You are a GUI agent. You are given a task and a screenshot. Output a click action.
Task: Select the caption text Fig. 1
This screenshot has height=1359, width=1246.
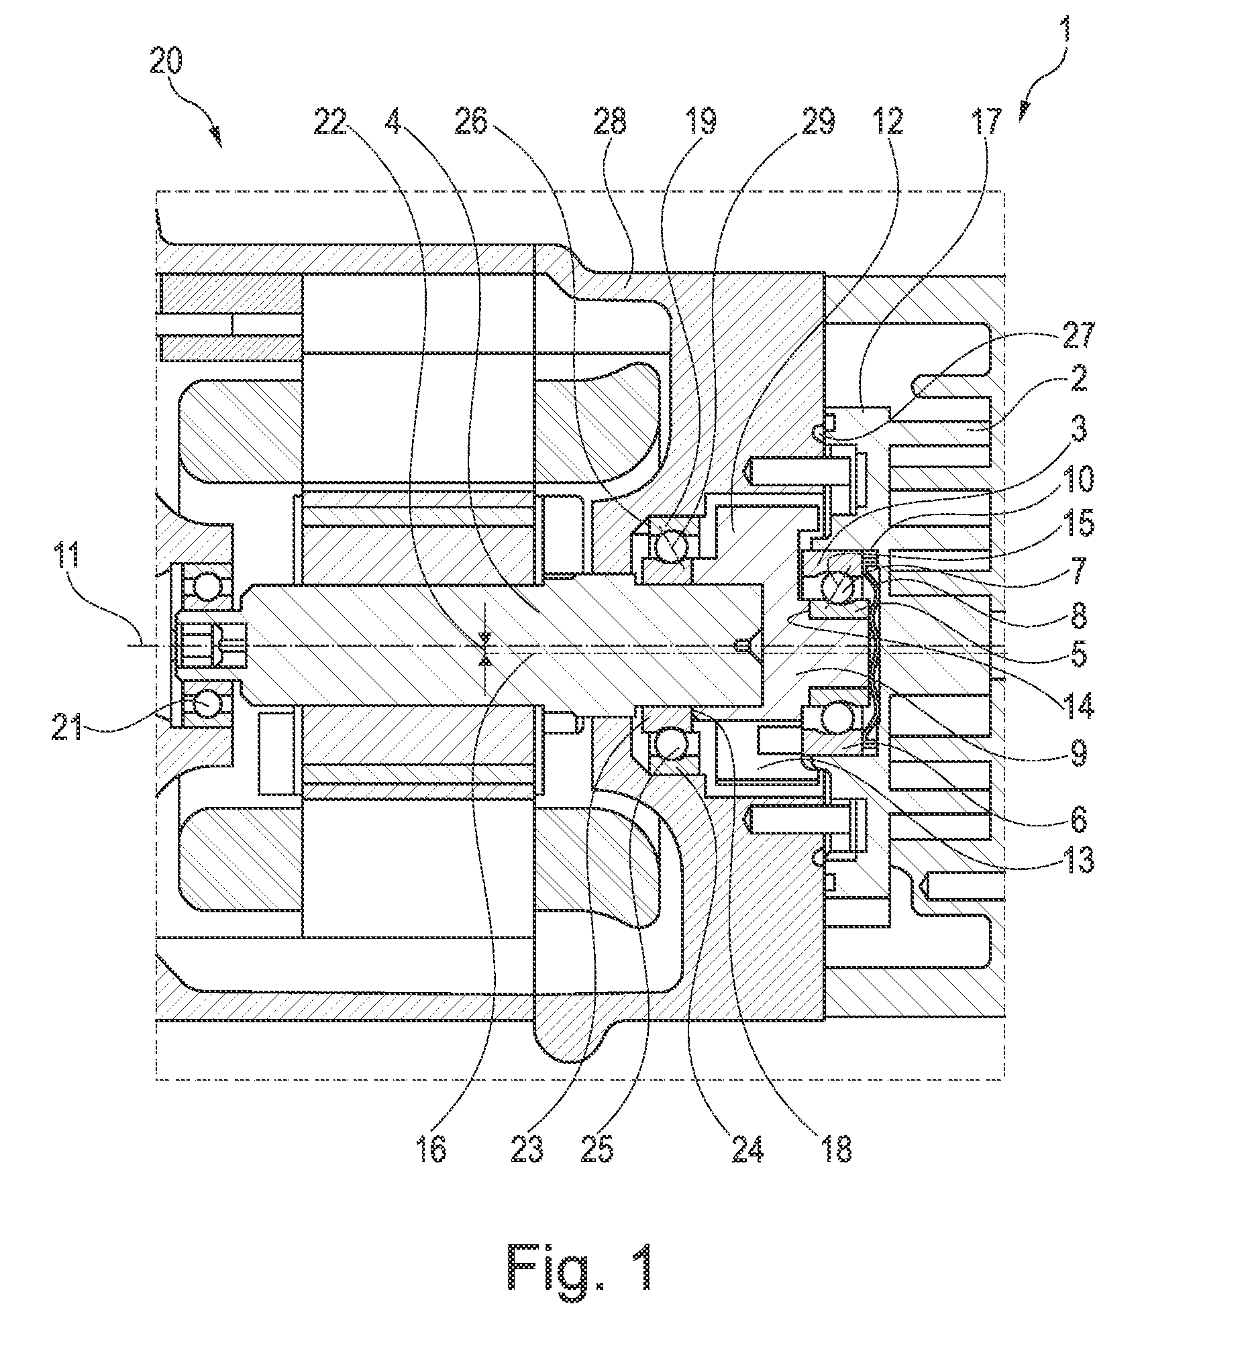(579, 1267)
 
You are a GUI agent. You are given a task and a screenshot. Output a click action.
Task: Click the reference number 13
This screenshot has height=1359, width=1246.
(1077, 861)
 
